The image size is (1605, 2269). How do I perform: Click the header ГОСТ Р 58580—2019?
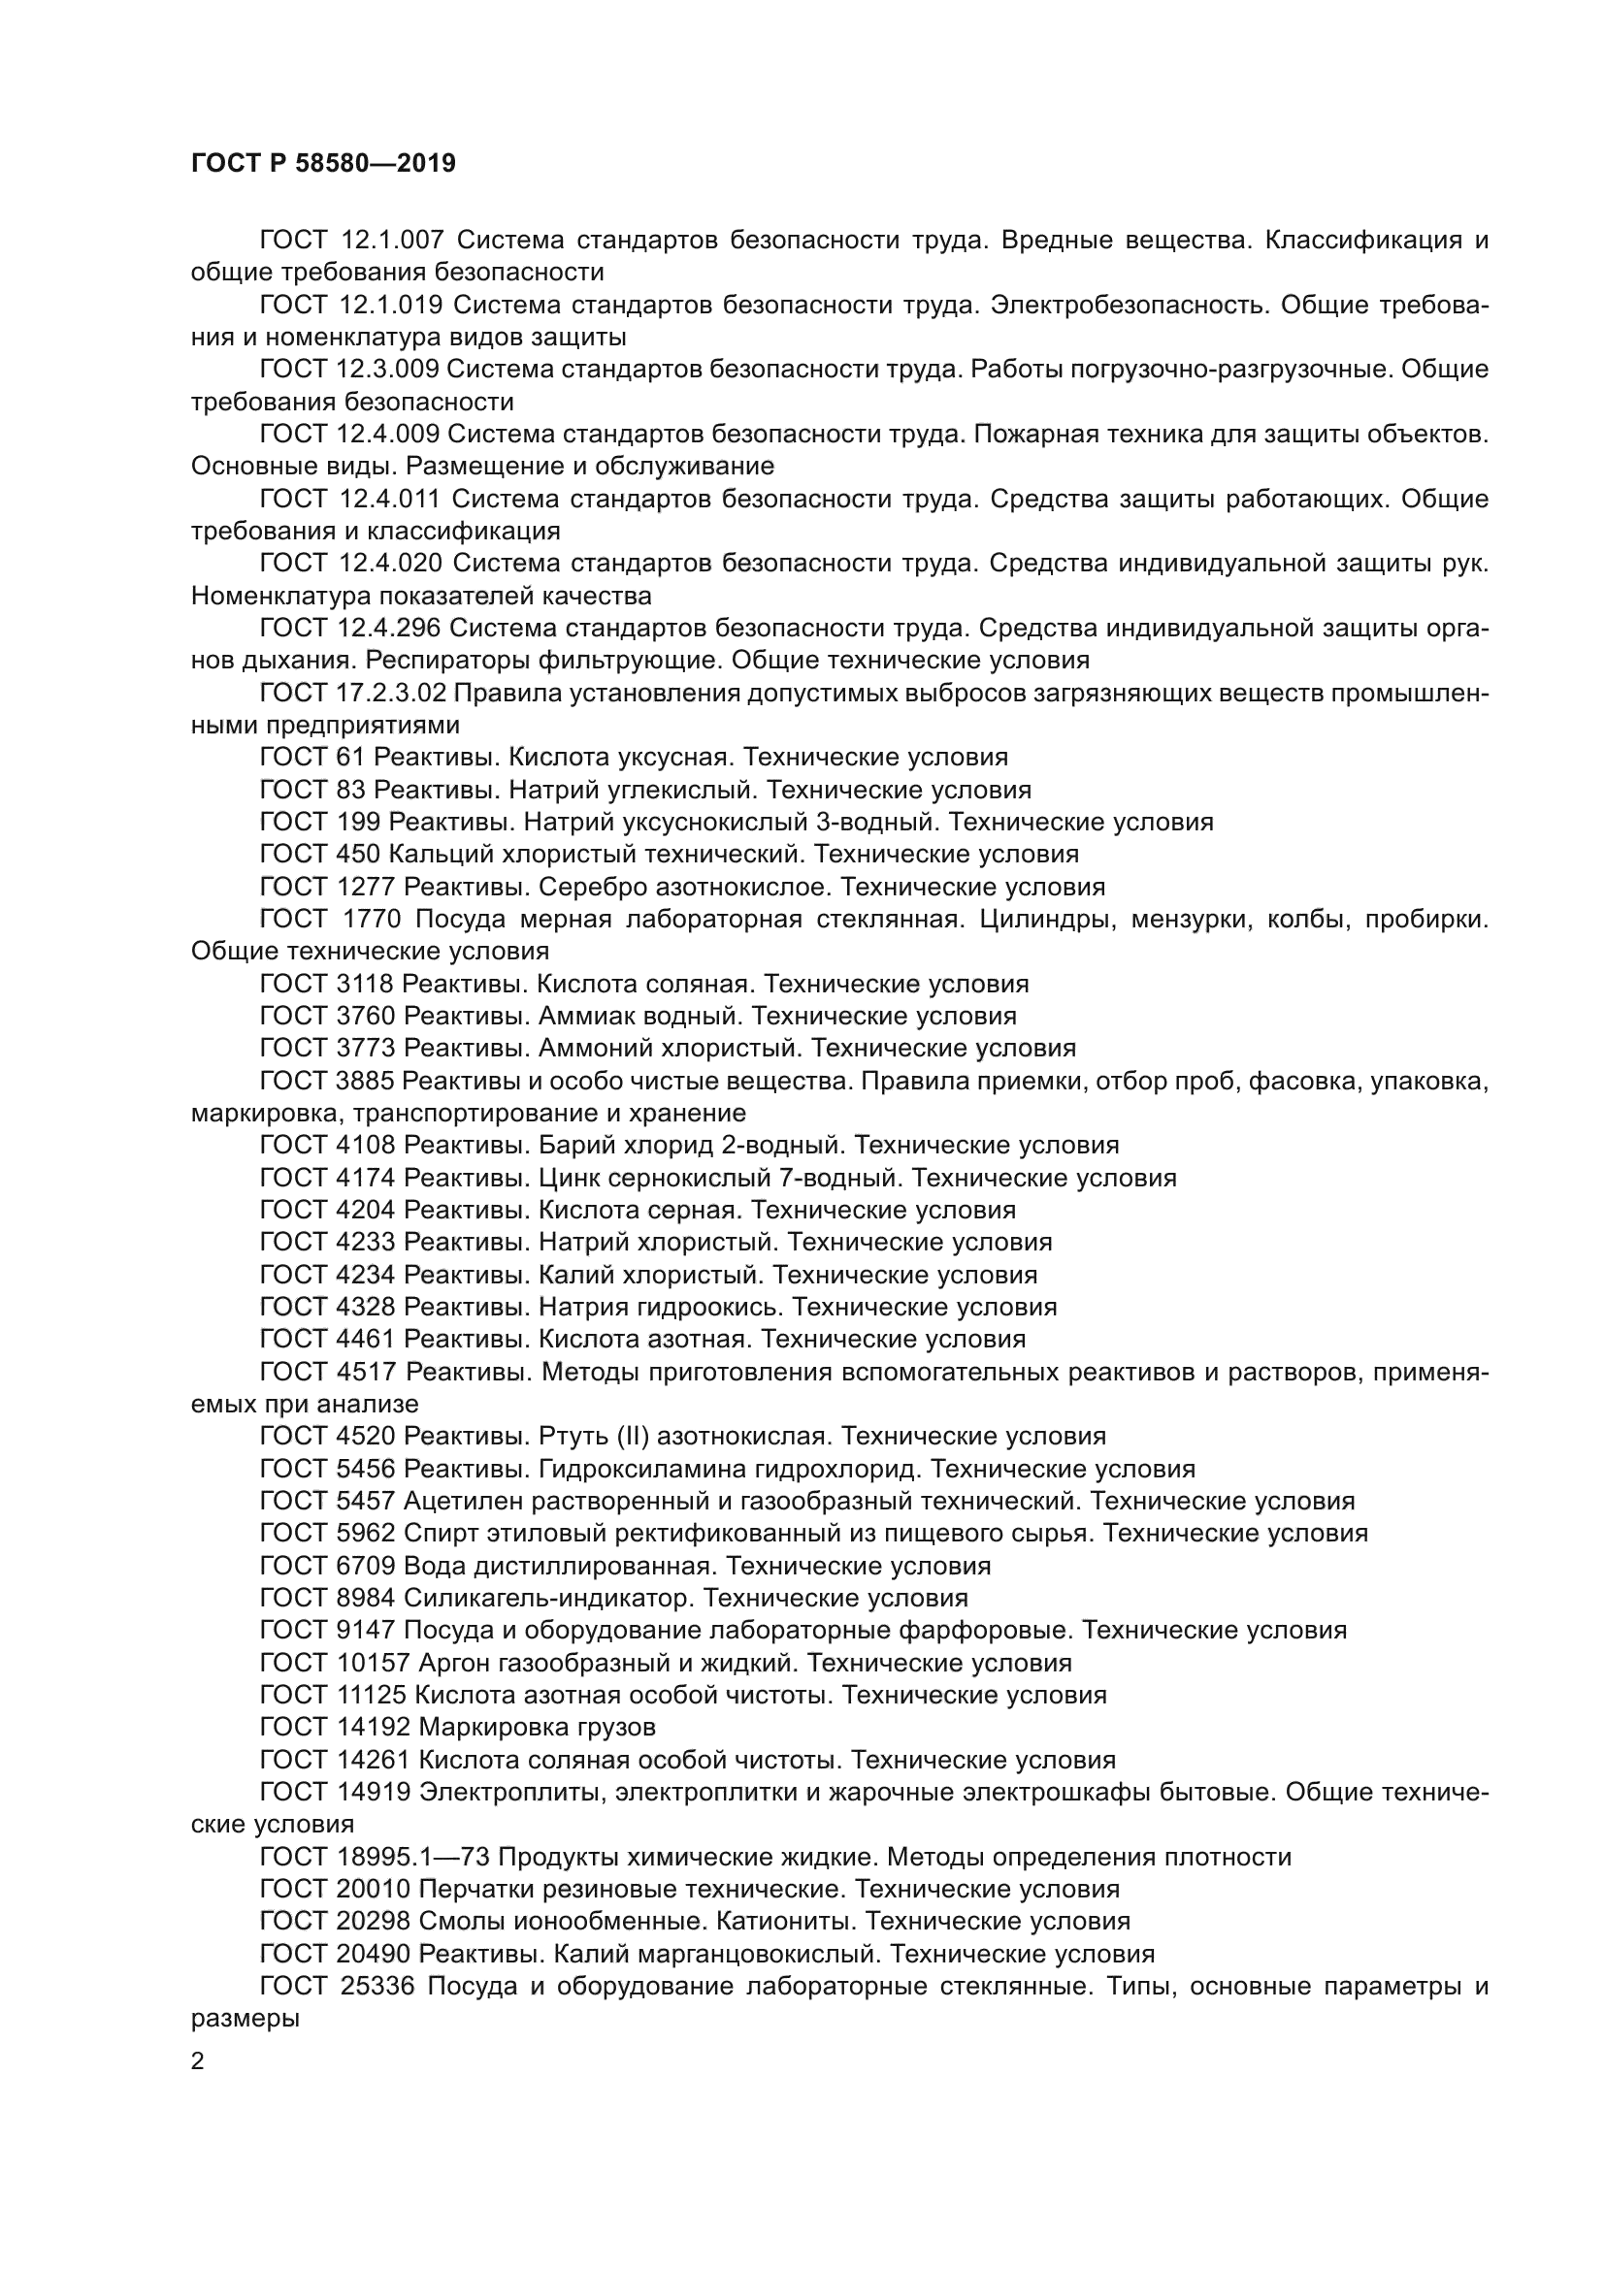(x=323, y=163)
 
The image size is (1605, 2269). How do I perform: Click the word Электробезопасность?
(x=1128, y=305)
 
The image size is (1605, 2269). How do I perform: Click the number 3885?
(x=365, y=1081)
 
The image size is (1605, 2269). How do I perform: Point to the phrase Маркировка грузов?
(x=537, y=1727)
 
